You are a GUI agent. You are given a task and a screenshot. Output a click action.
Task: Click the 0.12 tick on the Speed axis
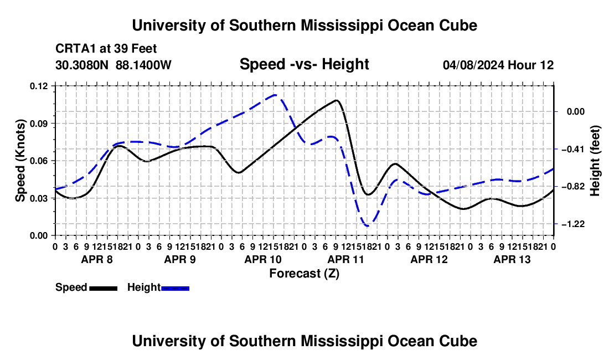[x=38, y=86]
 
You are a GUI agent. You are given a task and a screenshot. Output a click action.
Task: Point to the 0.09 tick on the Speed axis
[x=38, y=124]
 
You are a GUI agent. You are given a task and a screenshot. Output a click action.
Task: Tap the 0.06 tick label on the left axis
[x=38, y=161]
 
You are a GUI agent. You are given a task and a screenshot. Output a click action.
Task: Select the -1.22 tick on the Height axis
[x=573, y=224]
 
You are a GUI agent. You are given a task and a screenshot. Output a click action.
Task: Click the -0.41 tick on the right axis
[x=573, y=149]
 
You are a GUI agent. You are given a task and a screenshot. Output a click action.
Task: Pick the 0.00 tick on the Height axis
[x=576, y=112]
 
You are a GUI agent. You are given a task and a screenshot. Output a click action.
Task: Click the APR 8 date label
[x=97, y=259]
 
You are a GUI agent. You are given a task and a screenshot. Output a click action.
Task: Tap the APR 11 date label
[x=345, y=259]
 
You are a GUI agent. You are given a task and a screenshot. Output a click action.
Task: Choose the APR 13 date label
[x=512, y=259]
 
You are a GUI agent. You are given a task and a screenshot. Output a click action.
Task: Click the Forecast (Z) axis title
[x=304, y=274]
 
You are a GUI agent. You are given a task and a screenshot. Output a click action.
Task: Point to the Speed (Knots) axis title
[x=20, y=161]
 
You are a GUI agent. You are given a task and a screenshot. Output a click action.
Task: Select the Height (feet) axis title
[x=595, y=161]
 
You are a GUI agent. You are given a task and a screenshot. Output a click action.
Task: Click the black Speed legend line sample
[x=104, y=288]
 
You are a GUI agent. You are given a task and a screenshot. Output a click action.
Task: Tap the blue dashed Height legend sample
[x=175, y=288]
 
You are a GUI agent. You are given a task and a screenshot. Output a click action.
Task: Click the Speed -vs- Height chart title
[x=304, y=64]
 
